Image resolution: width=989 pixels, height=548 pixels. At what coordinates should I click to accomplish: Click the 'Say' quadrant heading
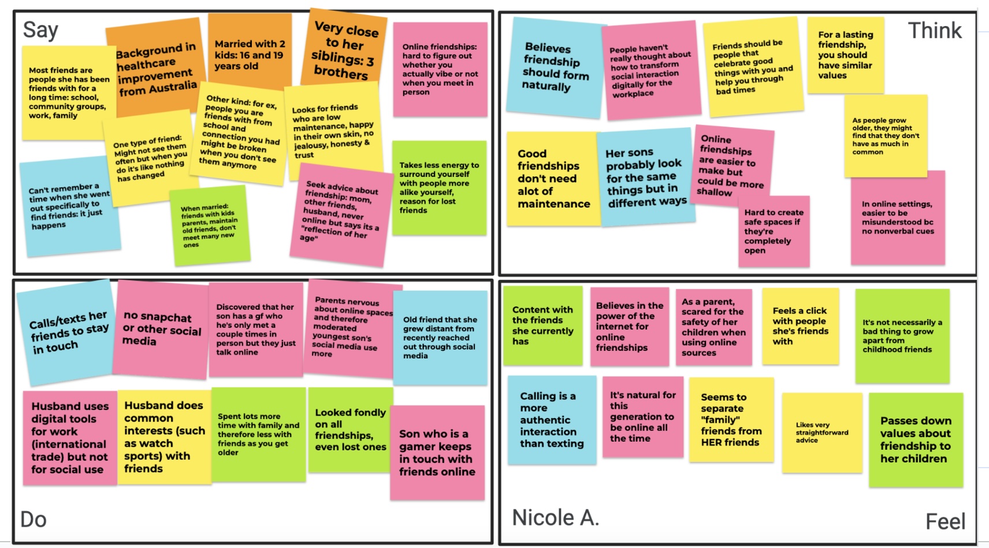40,30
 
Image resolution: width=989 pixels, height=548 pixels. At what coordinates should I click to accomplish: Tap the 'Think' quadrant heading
935,31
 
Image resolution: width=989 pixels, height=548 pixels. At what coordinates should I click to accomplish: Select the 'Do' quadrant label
34,519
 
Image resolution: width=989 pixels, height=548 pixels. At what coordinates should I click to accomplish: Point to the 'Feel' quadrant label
945,521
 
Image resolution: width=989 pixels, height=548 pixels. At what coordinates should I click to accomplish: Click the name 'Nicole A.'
555,517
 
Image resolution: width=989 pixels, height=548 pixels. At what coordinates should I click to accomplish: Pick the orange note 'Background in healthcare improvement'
156,68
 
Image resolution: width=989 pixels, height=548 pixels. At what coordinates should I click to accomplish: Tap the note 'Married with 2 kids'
250,54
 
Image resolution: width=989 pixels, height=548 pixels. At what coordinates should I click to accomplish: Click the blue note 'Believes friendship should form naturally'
555,67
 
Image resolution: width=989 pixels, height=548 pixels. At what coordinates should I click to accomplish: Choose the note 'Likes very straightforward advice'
821,432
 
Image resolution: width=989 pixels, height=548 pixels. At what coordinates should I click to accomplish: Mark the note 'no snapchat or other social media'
162,328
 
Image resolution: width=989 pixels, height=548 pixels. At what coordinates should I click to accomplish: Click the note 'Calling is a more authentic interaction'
552,420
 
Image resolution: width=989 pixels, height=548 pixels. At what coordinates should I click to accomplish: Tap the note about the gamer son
437,452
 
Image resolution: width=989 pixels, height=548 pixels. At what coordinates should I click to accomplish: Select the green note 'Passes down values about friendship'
915,439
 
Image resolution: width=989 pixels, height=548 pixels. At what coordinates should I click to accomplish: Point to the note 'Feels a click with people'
800,326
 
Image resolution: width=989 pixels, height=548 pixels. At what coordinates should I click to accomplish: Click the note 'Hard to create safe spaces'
774,231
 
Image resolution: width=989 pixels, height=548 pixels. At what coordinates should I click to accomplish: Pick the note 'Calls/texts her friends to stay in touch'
68,332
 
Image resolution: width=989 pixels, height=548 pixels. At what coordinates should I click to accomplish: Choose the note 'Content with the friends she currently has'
542,325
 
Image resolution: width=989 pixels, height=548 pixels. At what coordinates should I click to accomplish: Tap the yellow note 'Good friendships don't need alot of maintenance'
552,179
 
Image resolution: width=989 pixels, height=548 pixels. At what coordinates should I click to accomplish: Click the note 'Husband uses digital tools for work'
70,438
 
